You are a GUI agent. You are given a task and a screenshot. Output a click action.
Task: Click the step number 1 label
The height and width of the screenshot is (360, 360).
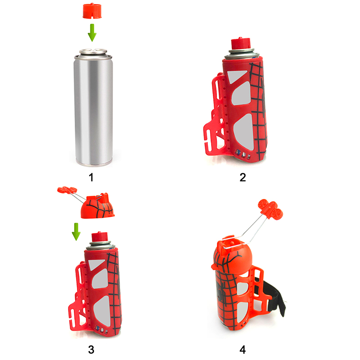91,177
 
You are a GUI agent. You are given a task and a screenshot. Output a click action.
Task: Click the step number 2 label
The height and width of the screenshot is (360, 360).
243,177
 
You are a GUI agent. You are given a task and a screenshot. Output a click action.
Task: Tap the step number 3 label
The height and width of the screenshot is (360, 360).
91,350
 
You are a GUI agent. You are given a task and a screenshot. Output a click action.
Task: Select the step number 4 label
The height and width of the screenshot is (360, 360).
243,350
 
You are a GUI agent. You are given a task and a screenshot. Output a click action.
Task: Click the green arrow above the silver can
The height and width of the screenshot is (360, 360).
92,32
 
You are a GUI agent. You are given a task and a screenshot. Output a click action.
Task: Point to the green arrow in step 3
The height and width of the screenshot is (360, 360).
76,232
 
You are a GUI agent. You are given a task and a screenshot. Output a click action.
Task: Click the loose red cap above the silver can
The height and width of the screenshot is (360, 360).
92,10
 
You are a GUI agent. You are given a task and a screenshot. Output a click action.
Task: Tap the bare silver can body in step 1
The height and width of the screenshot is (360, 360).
93,110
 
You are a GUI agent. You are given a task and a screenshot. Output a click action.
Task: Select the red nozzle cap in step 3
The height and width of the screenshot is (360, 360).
99,237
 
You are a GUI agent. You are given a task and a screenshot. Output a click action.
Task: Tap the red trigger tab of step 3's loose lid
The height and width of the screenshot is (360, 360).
67,189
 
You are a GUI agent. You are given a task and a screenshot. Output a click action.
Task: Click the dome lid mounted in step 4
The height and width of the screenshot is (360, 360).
232,255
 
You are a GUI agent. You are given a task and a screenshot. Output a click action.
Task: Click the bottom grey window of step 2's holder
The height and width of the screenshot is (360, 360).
244,133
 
